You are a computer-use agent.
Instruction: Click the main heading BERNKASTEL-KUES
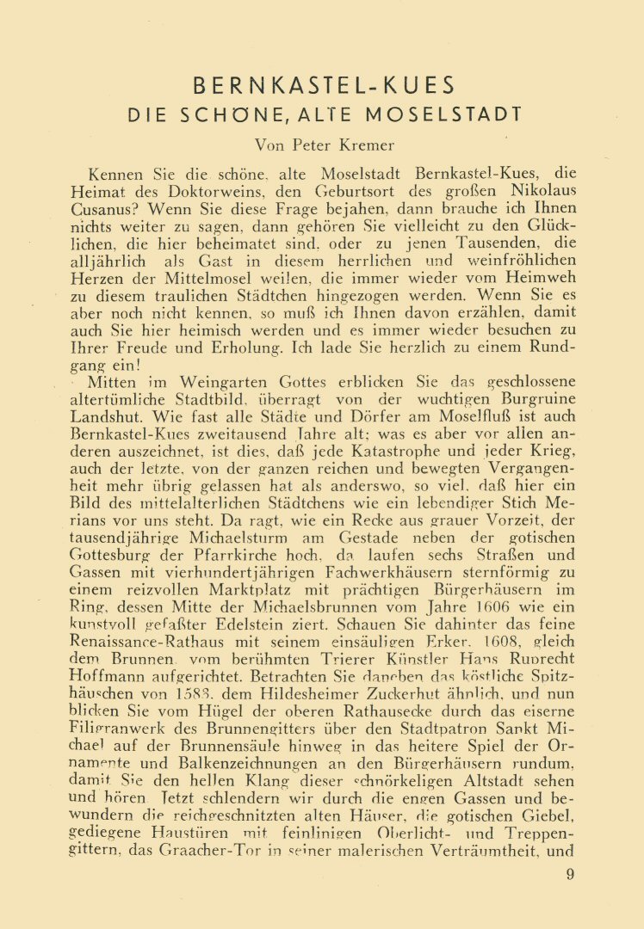point(323,85)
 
